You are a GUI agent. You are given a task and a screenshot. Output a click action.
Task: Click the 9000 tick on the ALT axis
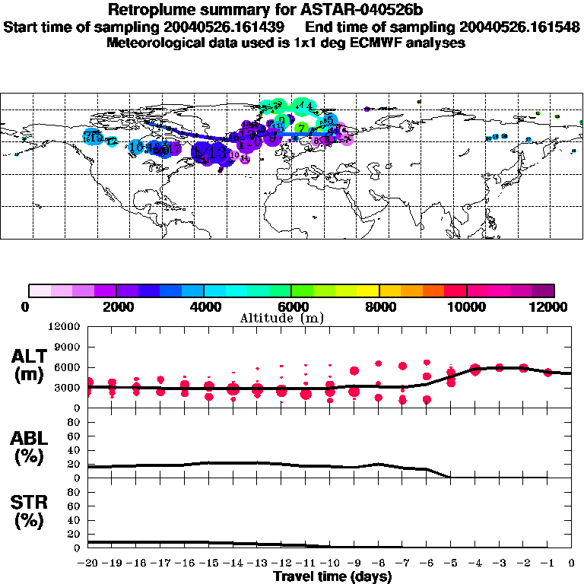pos(70,347)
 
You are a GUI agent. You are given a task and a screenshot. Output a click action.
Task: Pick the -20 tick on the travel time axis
pos(89,563)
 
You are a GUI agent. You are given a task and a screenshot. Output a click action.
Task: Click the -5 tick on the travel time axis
pos(451,563)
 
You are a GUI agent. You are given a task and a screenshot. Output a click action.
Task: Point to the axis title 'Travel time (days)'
pos(332,577)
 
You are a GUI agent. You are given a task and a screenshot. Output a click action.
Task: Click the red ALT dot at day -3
pos(500,367)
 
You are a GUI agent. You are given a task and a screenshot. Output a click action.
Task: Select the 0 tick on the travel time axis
pos(572,563)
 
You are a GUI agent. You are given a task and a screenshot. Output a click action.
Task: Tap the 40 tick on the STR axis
pos(75,519)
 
